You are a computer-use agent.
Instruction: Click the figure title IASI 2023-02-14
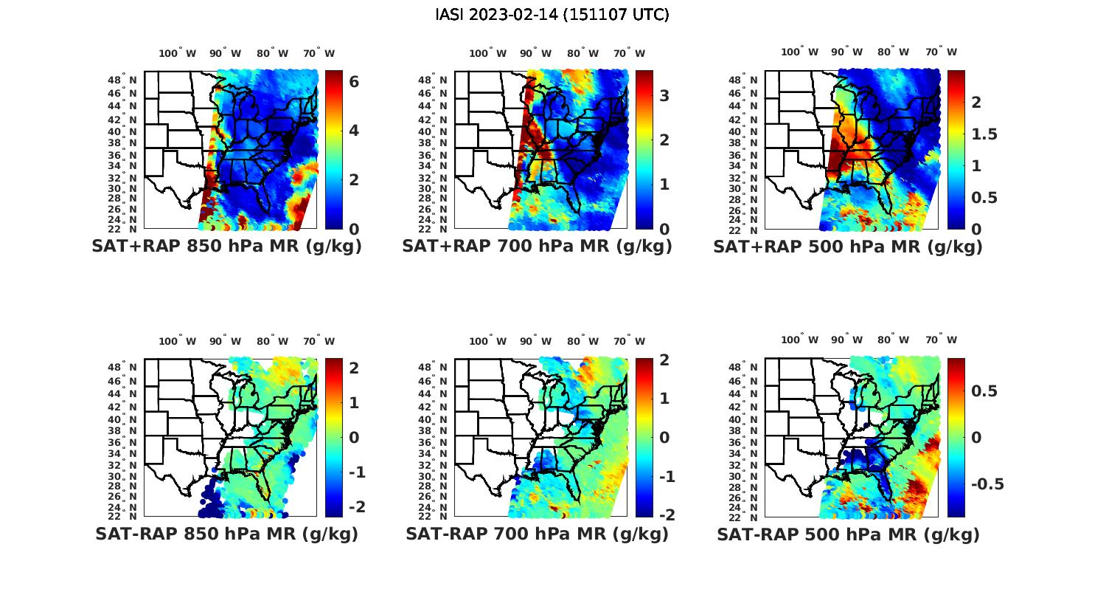pos(552,15)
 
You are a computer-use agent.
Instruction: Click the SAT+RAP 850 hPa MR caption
pos(226,247)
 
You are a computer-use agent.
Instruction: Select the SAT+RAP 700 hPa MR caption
pos(537,247)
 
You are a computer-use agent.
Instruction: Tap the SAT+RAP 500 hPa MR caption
pos(848,247)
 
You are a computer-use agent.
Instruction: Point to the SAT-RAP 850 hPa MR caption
pos(226,534)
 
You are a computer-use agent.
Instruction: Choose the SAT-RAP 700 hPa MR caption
pos(537,534)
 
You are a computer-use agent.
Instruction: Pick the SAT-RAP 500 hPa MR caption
pos(848,534)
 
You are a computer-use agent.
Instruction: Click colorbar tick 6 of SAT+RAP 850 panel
pos(354,82)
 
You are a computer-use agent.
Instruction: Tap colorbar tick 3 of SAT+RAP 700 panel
pos(664,95)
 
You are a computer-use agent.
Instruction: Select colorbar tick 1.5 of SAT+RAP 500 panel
pos(984,134)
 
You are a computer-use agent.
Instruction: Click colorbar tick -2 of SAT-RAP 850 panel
pos(355,507)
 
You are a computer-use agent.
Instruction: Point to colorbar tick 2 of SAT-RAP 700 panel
pos(664,359)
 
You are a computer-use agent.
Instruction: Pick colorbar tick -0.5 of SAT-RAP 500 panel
pos(987,484)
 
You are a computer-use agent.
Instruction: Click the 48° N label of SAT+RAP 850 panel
pos(123,80)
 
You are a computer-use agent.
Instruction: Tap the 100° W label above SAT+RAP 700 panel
pos(487,53)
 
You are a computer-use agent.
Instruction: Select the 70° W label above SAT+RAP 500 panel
pos(941,52)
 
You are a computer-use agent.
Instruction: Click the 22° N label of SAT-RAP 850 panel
pos(123,515)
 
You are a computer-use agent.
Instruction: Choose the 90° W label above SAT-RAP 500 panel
pos(846,340)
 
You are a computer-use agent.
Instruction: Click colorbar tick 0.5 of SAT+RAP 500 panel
pos(984,198)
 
